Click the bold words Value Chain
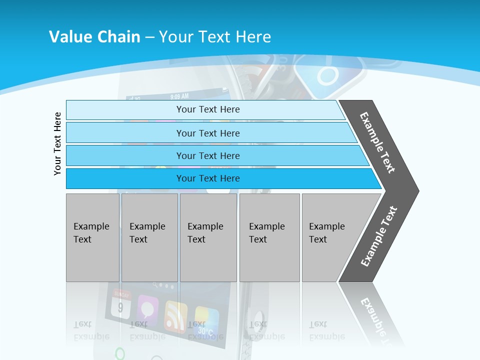pos(94,37)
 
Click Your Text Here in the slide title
pos(215,37)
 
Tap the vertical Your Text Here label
pos(57,143)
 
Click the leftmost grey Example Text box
pos(92,237)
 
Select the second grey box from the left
pos(149,237)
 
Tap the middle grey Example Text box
pos(208,237)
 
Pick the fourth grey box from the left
pos(269,237)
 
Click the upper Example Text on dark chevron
pos(377,142)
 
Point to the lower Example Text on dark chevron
pos(378,236)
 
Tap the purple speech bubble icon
pos(148,307)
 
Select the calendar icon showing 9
pos(121,303)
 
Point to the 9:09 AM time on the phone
pos(179,96)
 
